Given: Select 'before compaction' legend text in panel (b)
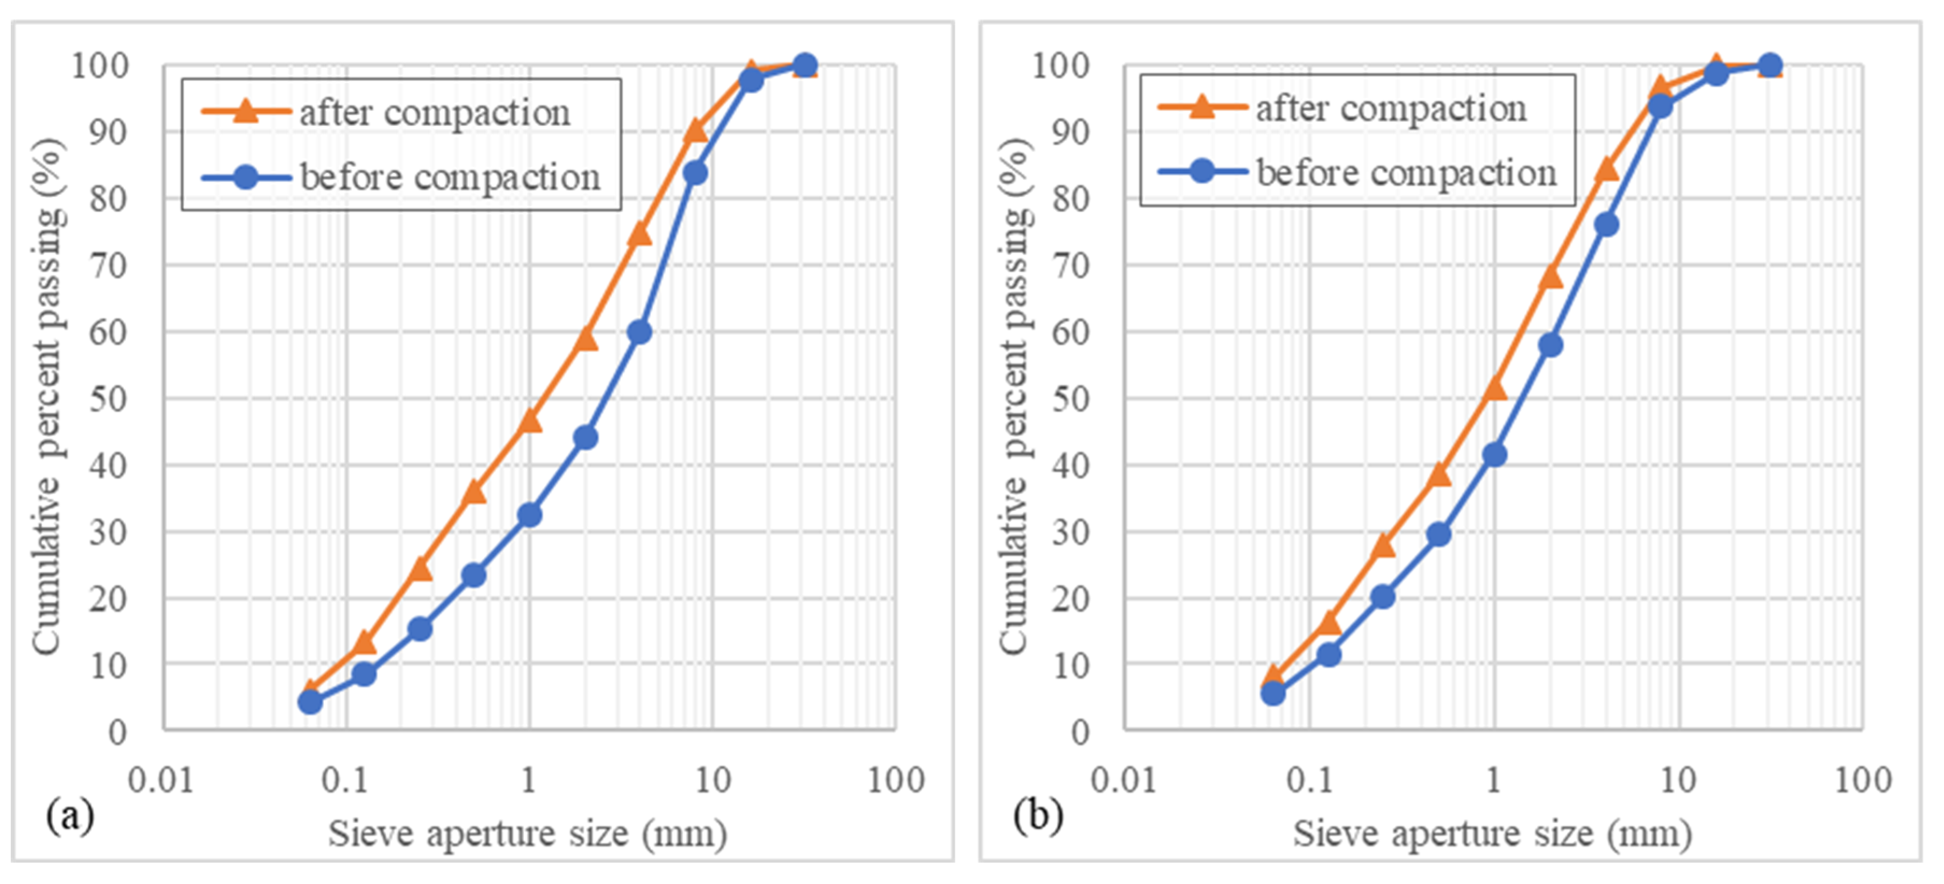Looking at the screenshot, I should pos(1406,173).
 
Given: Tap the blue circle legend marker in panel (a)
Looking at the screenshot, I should pos(246,177).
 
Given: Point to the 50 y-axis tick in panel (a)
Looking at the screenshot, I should pos(108,398).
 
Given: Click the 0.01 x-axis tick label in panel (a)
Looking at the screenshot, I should pos(161,779).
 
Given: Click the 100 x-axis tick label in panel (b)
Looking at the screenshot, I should pos(1862,779).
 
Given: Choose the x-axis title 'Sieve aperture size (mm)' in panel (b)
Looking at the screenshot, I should pos(1492,833).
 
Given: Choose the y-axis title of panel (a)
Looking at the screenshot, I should pos(47,396).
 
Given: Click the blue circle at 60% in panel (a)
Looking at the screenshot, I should pos(639,332).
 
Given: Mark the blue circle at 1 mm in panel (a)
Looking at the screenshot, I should pos(530,515).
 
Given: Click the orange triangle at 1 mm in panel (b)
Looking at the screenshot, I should pos(1494,389).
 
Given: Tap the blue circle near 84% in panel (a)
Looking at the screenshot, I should pos(695,173).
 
